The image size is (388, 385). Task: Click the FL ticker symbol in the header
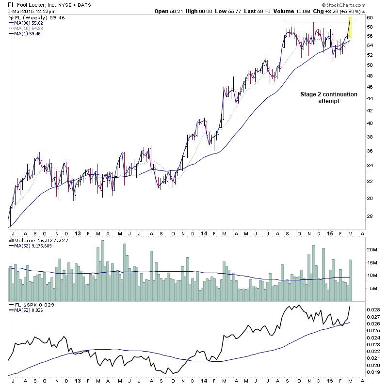(x=11, y=4)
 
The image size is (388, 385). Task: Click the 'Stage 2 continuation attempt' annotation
(x=329, y=97)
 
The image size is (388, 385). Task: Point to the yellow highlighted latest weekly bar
(x=350, y=28)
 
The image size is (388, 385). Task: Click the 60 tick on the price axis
(x=370, y=18)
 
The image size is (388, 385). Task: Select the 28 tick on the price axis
(x=370, y=216)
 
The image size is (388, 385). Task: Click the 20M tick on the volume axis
(x=372, y=250)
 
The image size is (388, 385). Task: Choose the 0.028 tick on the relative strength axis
(x=373, y=308)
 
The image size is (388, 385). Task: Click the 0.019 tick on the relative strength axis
(x=373, y=372)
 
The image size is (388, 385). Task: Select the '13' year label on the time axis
(x=77, y=232)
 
